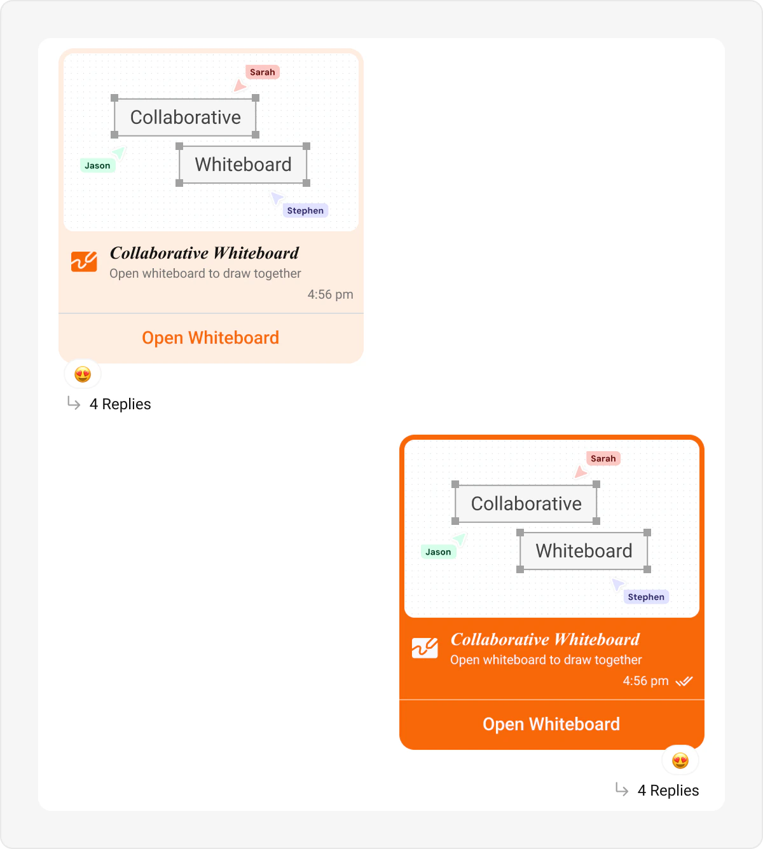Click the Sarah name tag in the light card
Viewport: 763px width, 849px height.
point(263,72)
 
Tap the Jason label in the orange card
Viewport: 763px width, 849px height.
point(438,552)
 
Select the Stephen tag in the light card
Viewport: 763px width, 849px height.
point(305,211)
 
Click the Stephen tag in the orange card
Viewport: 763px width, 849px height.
point(646,597)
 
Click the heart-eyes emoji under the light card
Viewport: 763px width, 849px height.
point(83,374)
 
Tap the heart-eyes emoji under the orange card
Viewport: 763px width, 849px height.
point(680,761)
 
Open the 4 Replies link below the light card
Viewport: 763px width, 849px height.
point(120,404)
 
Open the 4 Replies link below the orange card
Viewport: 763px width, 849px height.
point(668,791)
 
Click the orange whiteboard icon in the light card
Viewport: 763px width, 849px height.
point(84,261)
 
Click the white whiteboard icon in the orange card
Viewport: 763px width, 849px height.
point(425,648)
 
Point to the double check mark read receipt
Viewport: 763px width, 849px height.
point(684,681)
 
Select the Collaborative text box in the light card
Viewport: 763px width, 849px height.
point(185,117)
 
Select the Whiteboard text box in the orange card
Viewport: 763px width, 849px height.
point(584,551)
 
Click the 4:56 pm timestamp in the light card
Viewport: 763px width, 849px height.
point(330,294)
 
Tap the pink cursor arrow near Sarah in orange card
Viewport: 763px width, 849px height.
point(580,472)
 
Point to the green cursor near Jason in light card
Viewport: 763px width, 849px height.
point(119,153)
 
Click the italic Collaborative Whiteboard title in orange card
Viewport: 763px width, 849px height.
point(545,639)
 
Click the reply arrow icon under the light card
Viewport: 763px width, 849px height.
point(74,404)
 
